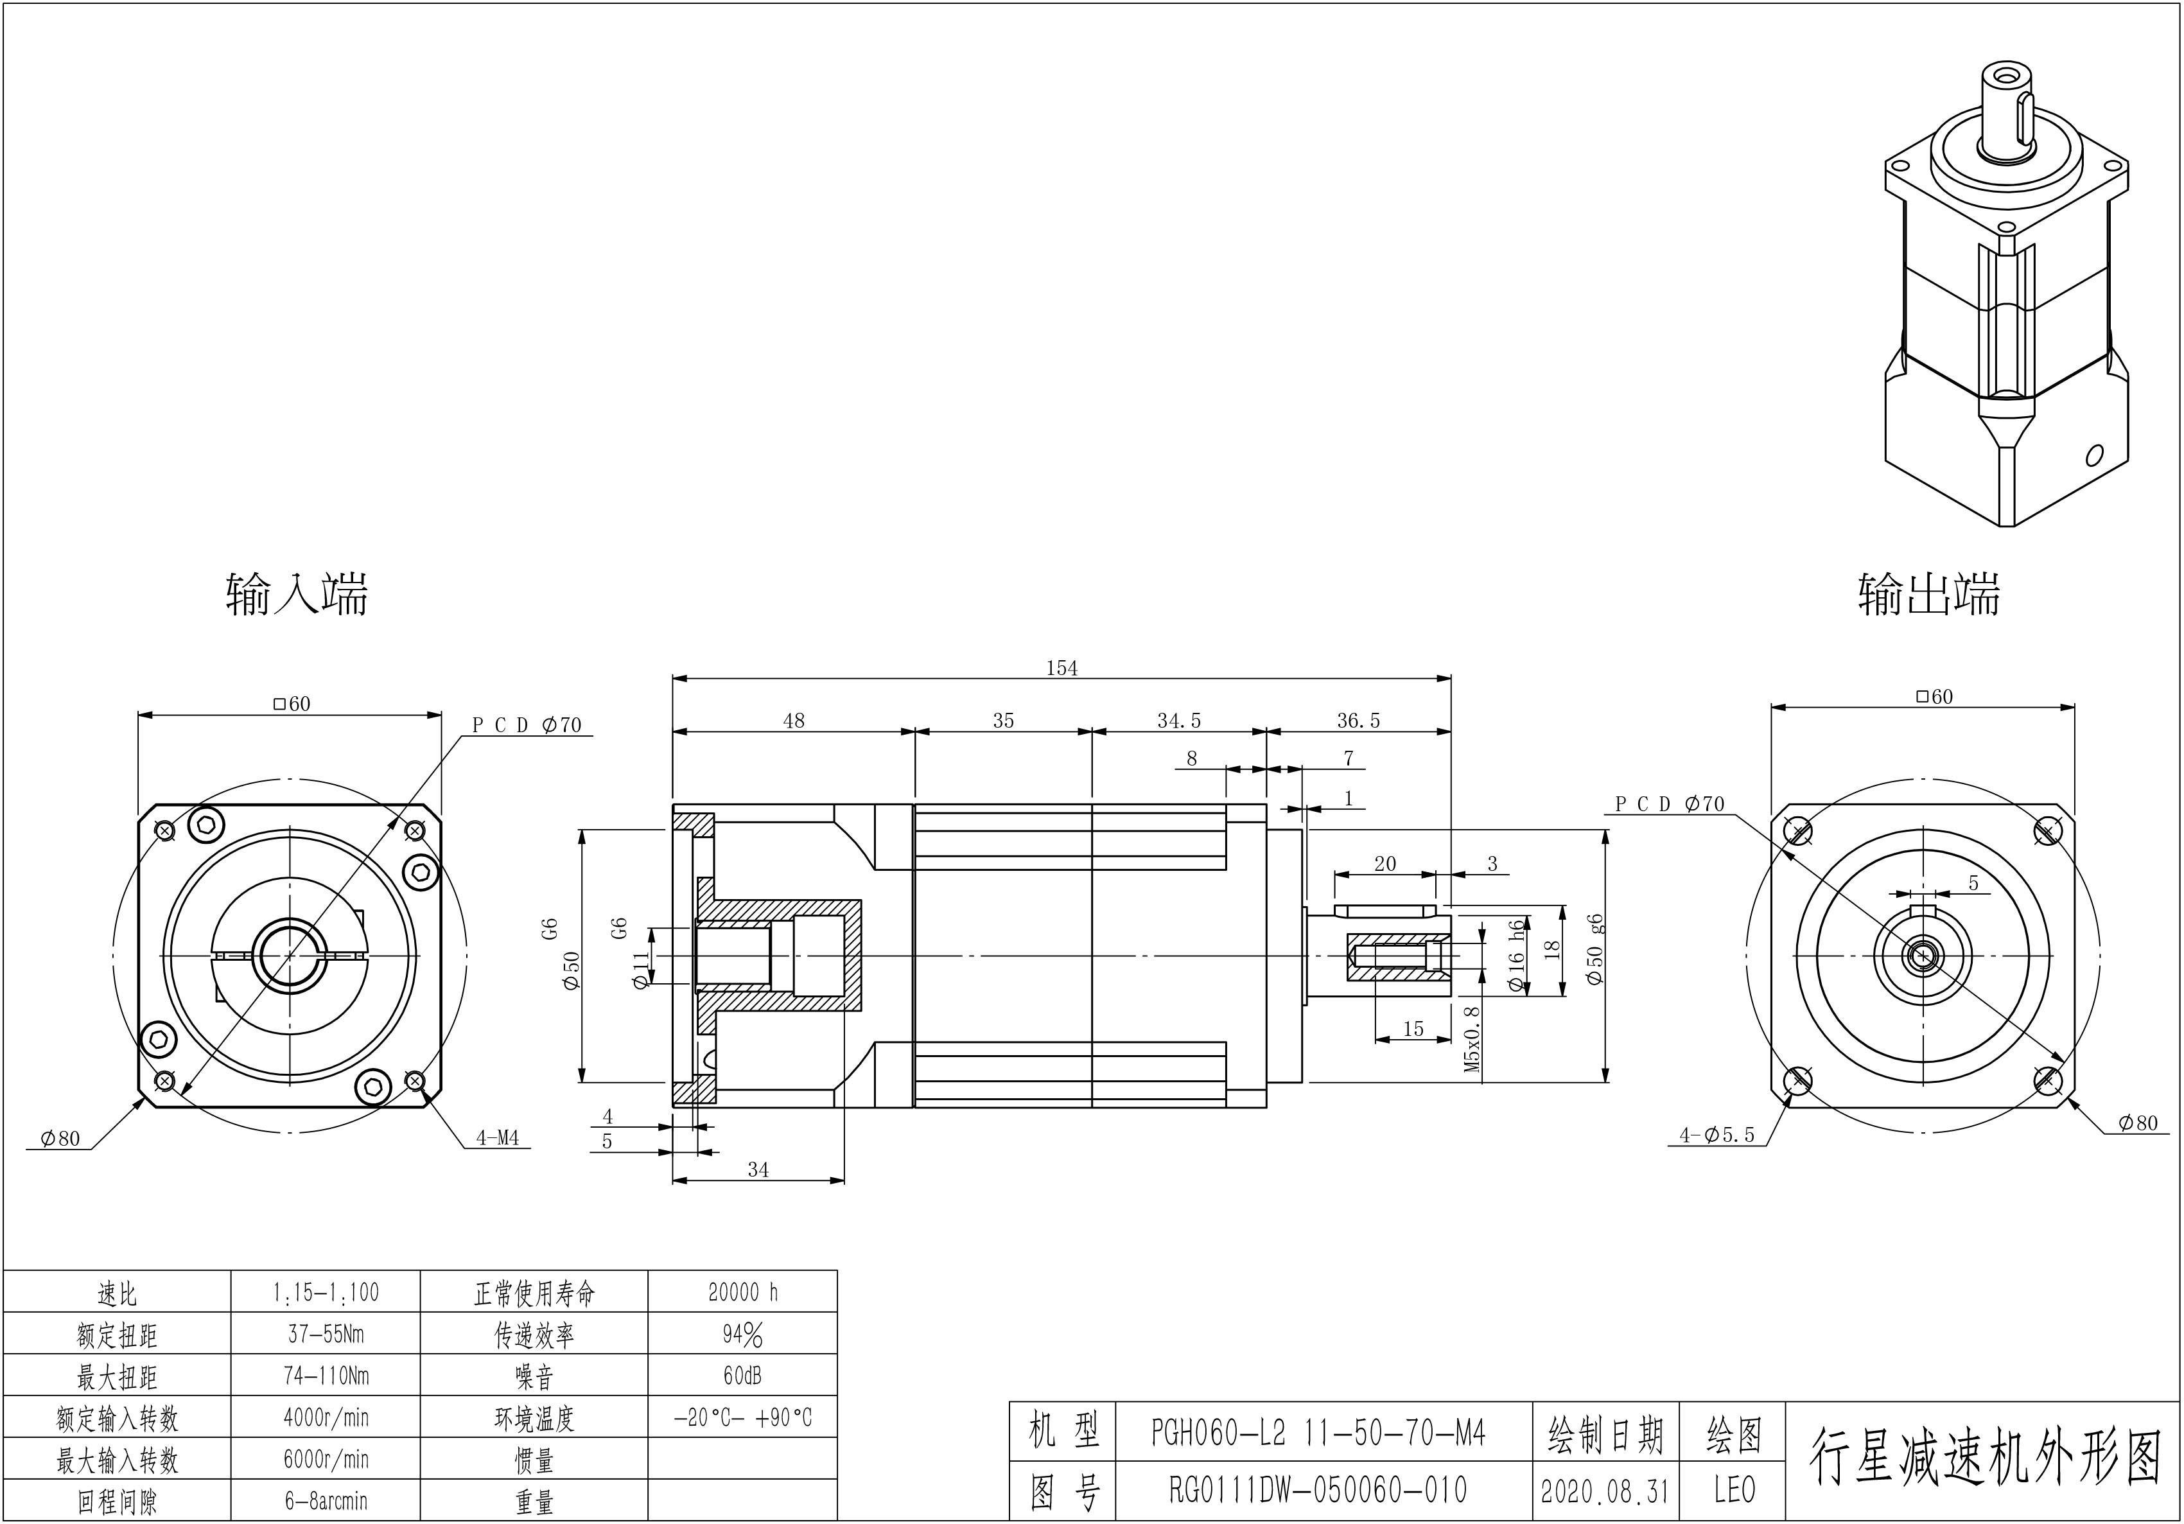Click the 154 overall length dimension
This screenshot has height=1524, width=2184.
[1061, 668]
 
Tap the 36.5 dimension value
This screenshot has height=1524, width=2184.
[1358, 721]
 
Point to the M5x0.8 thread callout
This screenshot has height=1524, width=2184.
[1472, 1039]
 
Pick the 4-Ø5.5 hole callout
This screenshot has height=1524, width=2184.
[1717, 1135]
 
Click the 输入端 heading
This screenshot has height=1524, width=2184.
[297, 595]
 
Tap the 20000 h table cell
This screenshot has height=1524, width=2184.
[743, 1292]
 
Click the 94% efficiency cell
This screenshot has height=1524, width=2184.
[743, 1335]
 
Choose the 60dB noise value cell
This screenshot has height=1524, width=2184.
[743, 1376]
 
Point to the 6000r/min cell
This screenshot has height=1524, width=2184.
[326, 1459]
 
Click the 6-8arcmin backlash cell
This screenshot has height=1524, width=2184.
[326, 1501]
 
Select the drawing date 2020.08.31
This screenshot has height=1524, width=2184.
[1605, 1491]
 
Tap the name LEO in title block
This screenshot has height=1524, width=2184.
[1734, 1490]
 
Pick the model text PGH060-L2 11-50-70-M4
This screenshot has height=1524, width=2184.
[1318, 1433]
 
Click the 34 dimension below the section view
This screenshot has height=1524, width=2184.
[758, 1170]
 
